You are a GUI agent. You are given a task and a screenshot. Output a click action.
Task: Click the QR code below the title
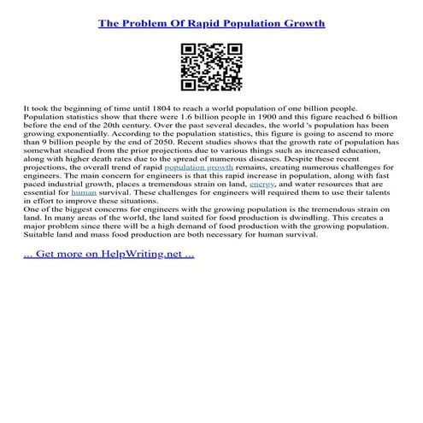tap(211, 68)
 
